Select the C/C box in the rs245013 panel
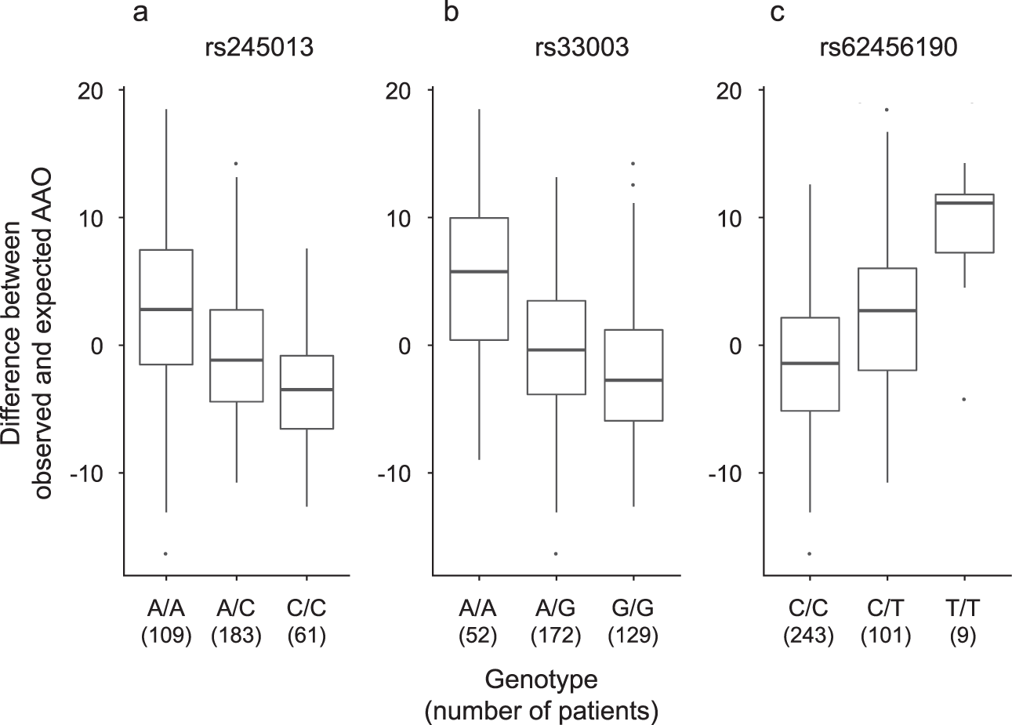pyautogui.click(x=307, y=392)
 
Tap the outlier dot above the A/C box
pyautogui.click(x=236, y=164)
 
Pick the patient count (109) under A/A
pyautogui.click(x=165, y=636)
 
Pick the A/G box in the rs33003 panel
pyautogui.click(x=556, y=347)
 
